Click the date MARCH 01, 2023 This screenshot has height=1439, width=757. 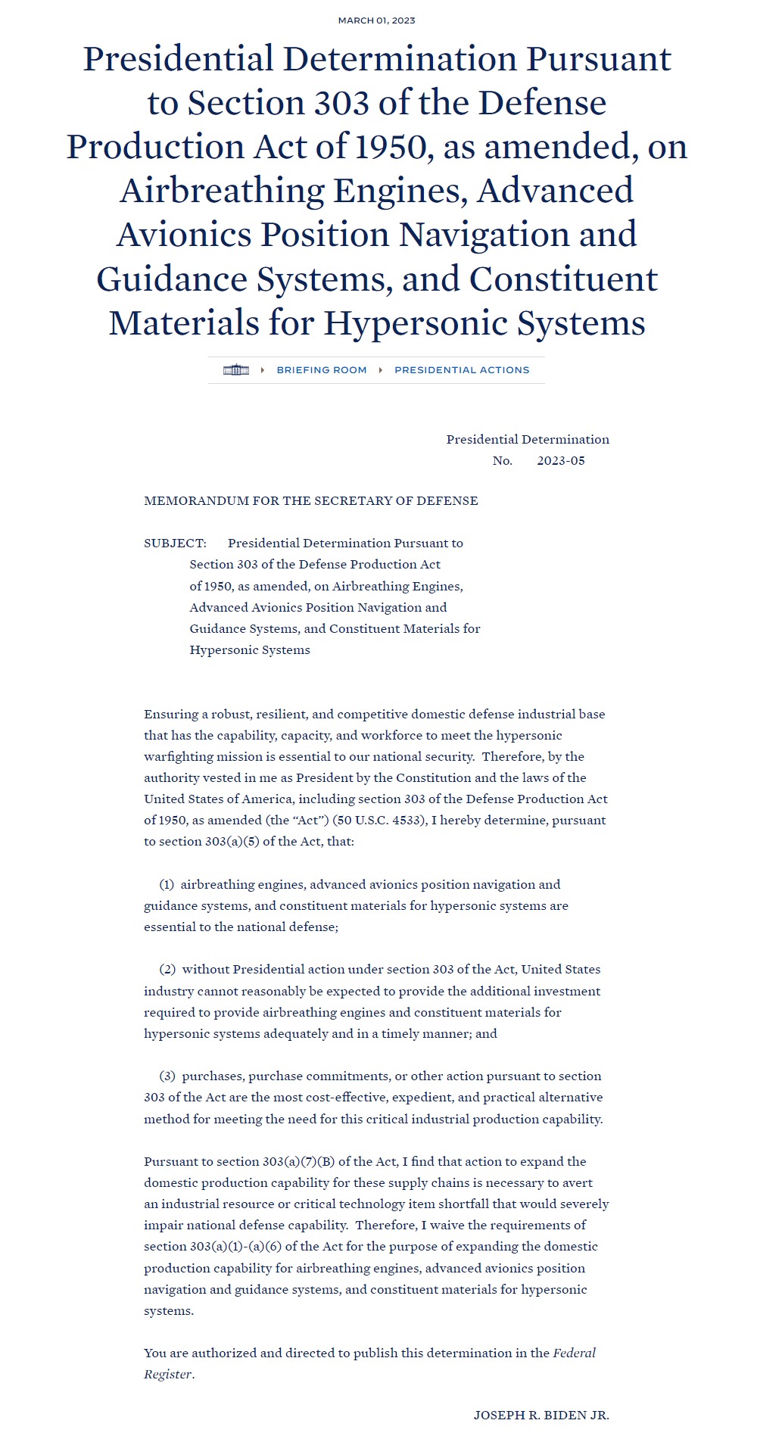click(x=376, y=20)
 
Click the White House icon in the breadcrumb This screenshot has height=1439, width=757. click(x=236, y=370)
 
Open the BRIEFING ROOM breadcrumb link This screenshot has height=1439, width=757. click(x=321, y=370)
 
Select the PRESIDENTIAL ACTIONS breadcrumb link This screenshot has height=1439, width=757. click(x=462, y=370)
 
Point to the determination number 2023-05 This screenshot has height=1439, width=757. click(x=561, y=461)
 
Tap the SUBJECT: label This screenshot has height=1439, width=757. click(x=175, y=544)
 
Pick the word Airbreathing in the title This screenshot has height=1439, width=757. click(x=222, y=191)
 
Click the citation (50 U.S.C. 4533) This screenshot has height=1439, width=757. click(x=379, y=821)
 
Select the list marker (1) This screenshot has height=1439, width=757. click(x=167, y=885)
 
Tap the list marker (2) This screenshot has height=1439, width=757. click(x=167, y=970)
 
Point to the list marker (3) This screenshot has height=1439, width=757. click(x=167, y=1076)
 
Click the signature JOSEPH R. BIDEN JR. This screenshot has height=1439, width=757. click(x=541, y=1416)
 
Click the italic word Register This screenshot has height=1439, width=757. click(x=167, y=1375)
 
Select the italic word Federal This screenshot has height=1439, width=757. click(x=574, y=1353)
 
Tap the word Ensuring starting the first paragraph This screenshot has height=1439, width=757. click(x=171, y=715)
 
